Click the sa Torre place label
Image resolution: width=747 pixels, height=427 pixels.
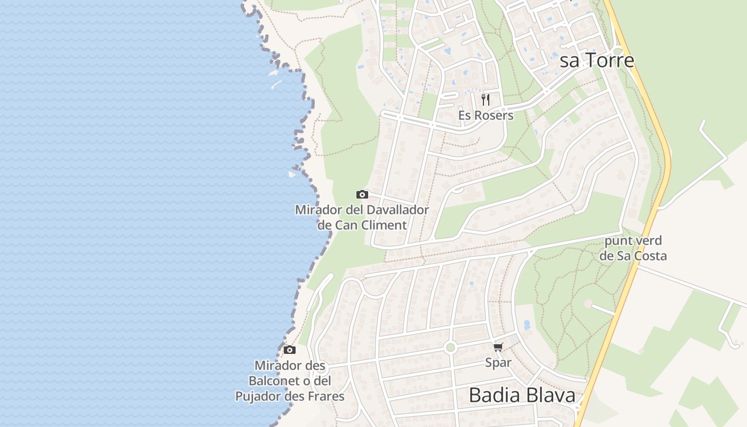pyautogui.click(x=597, y=60)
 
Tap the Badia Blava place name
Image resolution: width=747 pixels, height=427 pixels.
pyautogui.click(x=522, y=396)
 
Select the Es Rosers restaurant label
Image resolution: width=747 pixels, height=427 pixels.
pyautogui.click(x=486, y=115)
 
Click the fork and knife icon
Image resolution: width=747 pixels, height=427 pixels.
pyautogui.click(x=486, y=99)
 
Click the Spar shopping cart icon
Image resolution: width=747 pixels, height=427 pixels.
pyautogui.click(x=498, y=347)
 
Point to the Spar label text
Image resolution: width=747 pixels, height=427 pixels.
pyautogui.click(x=498, y=363)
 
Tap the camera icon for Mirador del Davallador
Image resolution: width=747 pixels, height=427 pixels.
pyautogui.click(x=362, y=194)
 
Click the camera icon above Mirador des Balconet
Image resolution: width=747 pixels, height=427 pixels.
pyautogui.click(x=290, y=350)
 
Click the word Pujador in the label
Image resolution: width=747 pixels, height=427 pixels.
pyautogui.click(x=259, y=397)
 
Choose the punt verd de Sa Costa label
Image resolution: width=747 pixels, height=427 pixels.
pyautogui.click(x=633, y=248)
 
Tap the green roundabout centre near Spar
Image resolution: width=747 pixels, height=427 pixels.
pyautogui.click(x=450, y=347)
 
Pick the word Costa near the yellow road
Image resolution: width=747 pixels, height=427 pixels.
pyautogui.click(x=649, y=256)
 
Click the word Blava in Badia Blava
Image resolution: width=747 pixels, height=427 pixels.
pyautogui.click(x=550, y=396)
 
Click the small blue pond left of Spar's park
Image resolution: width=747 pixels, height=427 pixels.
pyautogui.click(x=527, y=325)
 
